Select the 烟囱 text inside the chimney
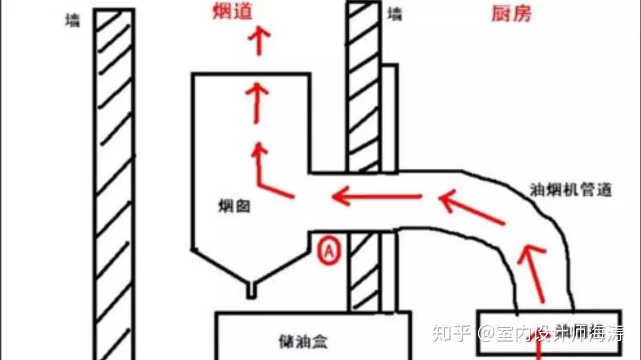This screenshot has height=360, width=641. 233,207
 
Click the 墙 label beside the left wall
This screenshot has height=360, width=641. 73,21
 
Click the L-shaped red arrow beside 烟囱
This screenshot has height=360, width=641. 267,172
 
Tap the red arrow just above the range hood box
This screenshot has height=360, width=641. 535,273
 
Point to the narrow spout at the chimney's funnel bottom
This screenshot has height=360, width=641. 252,289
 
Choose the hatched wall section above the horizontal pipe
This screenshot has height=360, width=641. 363,89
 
